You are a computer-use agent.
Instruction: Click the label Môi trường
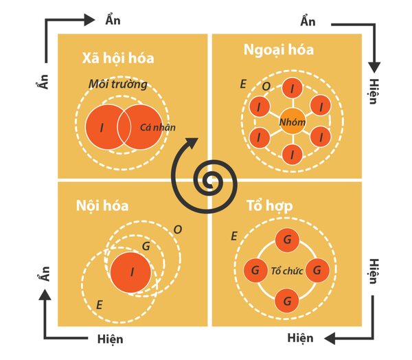(118, 84)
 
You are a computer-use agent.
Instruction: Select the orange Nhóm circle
(292, 122)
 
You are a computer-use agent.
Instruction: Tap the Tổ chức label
(287, 270)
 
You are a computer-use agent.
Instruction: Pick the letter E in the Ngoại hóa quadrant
(243, 84)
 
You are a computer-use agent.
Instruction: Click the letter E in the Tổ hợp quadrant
(235, 236)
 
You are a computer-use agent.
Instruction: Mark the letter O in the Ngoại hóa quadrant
(266, 87)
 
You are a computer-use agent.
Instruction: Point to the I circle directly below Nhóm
(292, 155)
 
